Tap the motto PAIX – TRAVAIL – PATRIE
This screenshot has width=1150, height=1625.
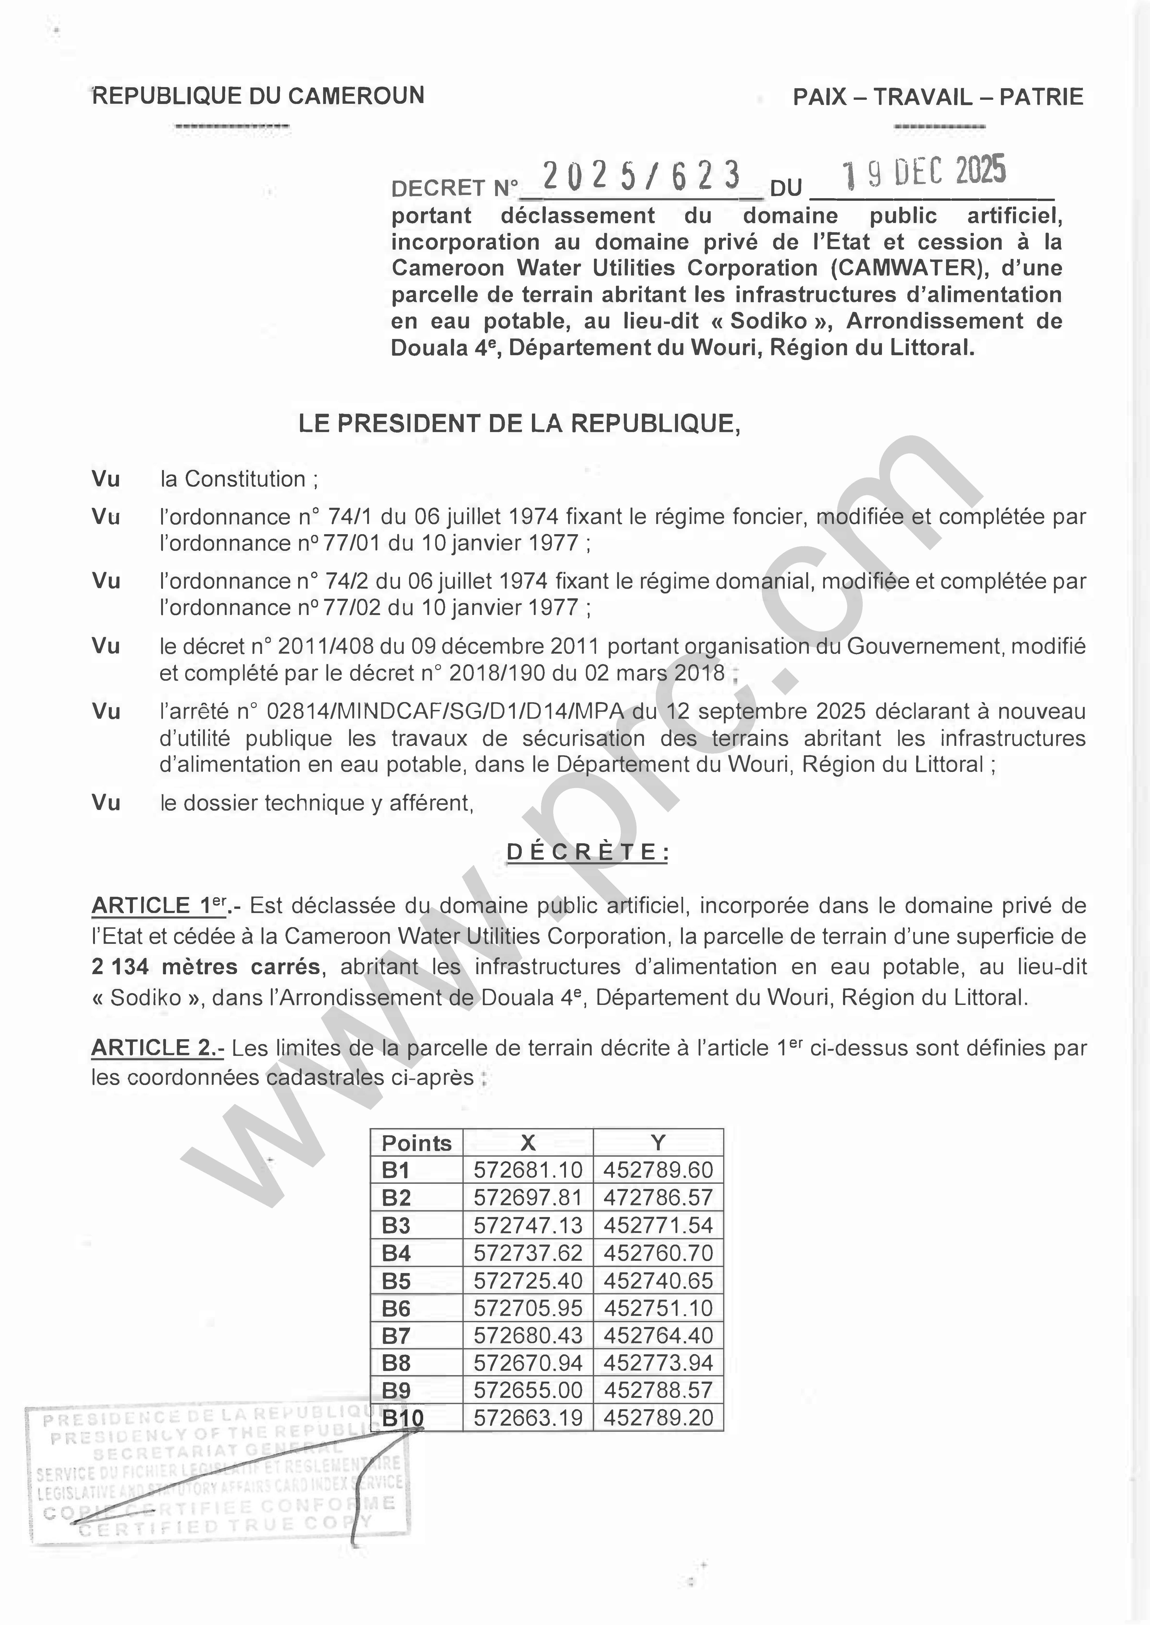pyautogui.click(x=937, y=97)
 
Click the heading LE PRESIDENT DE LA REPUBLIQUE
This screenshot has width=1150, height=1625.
pyautogui.click(x=519, y=424)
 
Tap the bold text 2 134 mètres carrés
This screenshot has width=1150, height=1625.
pyautogui.click(x=205, y=967)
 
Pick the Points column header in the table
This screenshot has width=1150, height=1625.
pyautogui.click(x=416, y=1143)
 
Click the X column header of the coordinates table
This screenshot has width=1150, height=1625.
pyautogui.click(x=528, y=1143)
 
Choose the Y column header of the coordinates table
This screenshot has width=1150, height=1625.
pyautogui.click(x=658, y=1143)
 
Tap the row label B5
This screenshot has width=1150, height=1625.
pyautogui.click(x=397, y=1281)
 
